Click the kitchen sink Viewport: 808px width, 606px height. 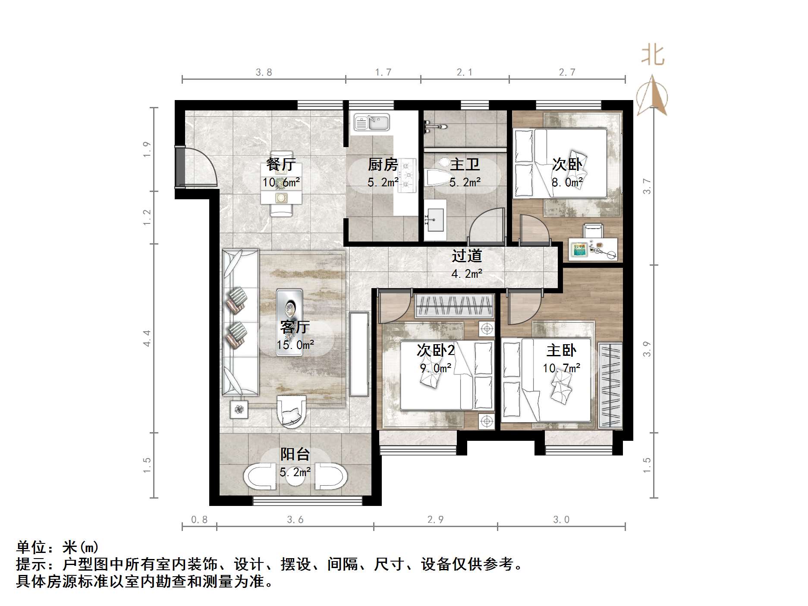coord(371,122)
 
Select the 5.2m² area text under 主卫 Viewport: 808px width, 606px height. coord(465,182)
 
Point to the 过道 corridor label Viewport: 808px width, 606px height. coord(466,256)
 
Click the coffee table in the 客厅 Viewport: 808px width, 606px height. coord(289,322)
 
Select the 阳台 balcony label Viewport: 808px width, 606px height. coord(295,454)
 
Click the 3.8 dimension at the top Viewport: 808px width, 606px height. coord(264,72)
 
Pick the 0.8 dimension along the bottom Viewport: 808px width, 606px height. coord(199,520)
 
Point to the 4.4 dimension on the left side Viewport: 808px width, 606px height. coord(148,338)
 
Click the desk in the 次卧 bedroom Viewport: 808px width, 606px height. coord(592,249)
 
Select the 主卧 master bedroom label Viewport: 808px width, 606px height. coord(561,350)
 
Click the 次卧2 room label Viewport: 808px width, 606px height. coord(436,350)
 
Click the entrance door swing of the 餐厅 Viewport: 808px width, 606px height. coord(198,167)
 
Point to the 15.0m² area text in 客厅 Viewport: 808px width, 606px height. coord(295,345)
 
